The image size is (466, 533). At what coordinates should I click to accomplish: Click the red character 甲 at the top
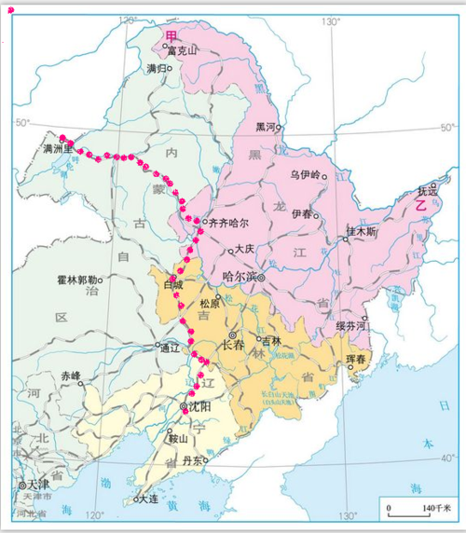[x=171, y=35]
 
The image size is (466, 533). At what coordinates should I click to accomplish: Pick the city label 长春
[x=233, y=343]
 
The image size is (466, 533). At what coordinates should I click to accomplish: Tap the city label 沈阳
[x=198, y=408]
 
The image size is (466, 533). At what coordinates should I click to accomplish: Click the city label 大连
[x=145, y=499]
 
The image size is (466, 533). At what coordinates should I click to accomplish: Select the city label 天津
[x=40, y=485]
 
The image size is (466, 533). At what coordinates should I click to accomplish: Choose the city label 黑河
[x=267, y=127]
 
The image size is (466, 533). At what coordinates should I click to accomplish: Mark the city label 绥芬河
[x=350, y=327]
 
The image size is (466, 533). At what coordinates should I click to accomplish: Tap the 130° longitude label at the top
[x=330, y=20]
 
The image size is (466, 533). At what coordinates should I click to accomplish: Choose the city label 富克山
[x=183, y=51]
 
